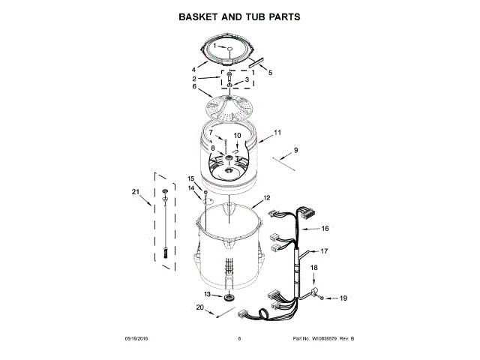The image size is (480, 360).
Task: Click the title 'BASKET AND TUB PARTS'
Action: [239, 16]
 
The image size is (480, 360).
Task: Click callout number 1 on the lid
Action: [214, 46]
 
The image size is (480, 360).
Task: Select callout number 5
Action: [270, 73]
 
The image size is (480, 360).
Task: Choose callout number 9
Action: [295, 151]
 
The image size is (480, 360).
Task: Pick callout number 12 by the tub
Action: [267, 200]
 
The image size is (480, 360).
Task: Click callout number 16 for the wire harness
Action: [325, 228]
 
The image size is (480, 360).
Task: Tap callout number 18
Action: [314, 268]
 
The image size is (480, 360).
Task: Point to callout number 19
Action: [343, 298]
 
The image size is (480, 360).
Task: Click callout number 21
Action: [136, 192]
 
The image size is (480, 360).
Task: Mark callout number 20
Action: [200, 307]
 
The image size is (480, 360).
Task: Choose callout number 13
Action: [207, 295]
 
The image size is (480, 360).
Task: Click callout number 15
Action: [190, 178]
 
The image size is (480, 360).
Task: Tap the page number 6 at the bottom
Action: [239, 339]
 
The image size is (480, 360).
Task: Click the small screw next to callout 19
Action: [322, 298]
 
